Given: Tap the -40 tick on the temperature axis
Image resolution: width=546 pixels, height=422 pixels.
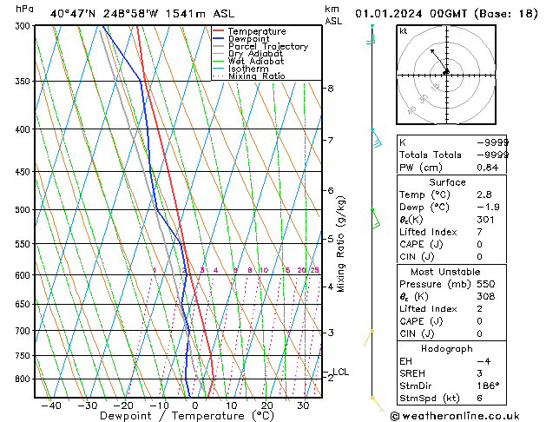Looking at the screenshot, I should click(51, 406).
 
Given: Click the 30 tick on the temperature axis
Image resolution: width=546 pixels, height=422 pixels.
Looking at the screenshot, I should click(303, 406).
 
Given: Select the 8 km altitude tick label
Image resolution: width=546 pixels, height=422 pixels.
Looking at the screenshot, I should click(331, 89).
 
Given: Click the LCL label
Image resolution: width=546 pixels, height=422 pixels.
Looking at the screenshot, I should click(340, 373).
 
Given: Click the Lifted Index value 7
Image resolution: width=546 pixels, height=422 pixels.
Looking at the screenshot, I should click(479, 232).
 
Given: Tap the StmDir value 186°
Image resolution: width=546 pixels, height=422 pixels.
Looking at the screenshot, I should click(488, 386).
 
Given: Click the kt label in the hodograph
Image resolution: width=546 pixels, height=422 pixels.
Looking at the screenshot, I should click(404, 30).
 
